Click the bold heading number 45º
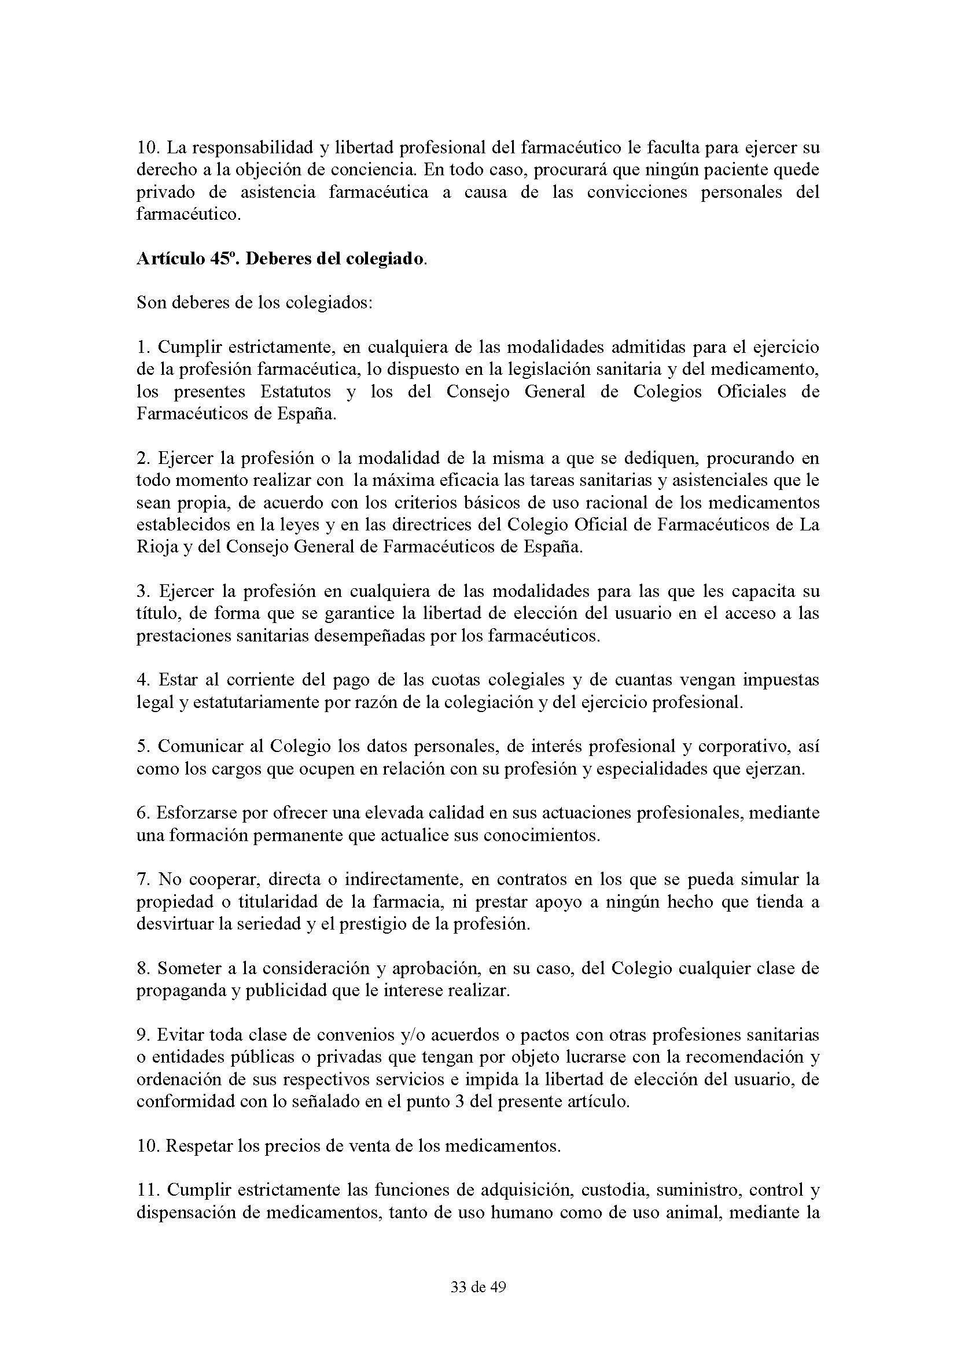tap(222, 259)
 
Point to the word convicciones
tap(637, 192)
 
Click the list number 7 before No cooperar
tap(142, 880)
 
